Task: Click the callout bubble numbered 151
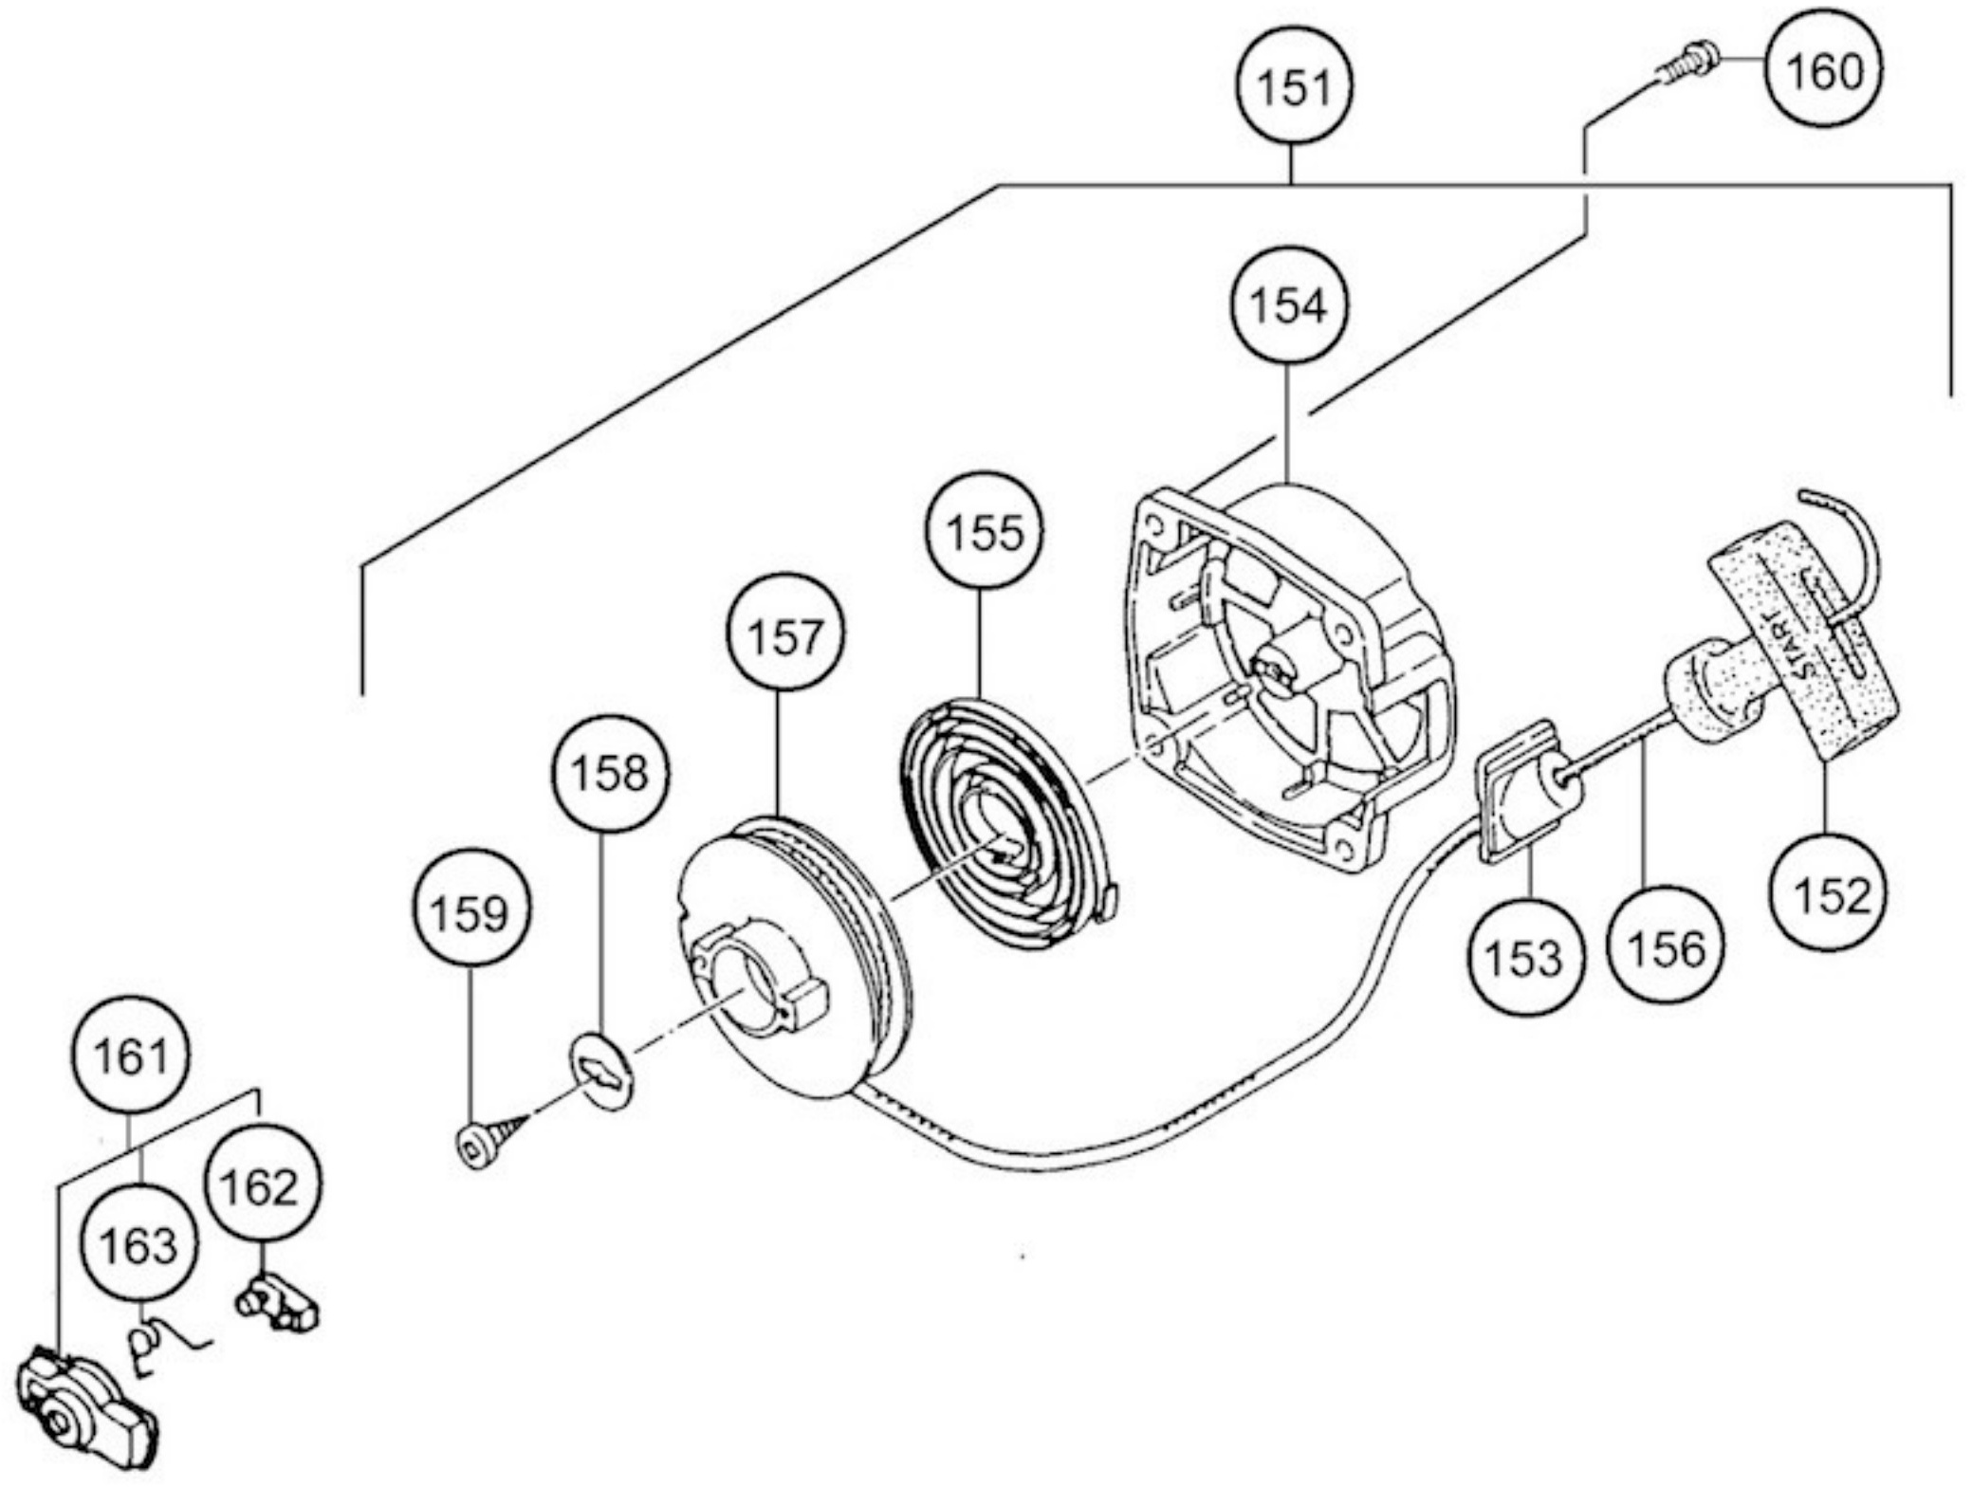[x=1294, y=85]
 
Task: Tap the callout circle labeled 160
[x=1823, y=71]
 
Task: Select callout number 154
[x=1287, y=304]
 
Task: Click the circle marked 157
[x=785, y=632]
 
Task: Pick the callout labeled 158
[x=610, y=773]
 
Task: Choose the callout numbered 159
[x=471, y=909]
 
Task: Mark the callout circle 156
[x=1666, y=945]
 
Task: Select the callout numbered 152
[x=1828, y=891]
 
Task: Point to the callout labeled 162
[x=263, y=1183]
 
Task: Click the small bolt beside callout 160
[x=1686, y=61]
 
